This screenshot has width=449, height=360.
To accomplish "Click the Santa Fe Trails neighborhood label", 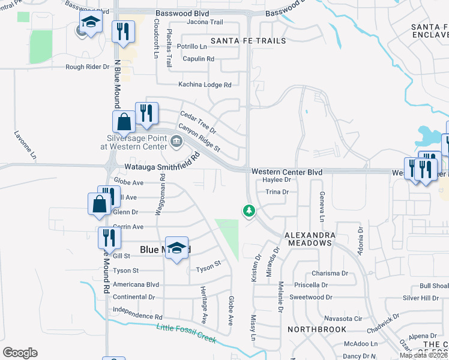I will click(x=249, y=41).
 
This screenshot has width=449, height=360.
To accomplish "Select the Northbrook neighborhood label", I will click(x=317, y=329).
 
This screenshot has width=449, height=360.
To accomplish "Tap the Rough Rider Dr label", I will click(x=88, y=67).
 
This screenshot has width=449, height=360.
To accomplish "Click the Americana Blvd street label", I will click(x=136, y=284).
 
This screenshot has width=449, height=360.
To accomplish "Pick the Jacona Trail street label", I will click(x=205, y=22).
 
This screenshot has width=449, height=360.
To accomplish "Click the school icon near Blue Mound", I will click(x=176, y=248).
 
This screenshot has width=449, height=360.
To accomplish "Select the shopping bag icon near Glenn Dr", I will click(x=98, y=204).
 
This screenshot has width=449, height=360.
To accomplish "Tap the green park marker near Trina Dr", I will click(x=249, y=211).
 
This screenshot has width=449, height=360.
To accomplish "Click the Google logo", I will click(x=20, y=353).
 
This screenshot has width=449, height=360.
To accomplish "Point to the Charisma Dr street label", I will click(x=330, y=273).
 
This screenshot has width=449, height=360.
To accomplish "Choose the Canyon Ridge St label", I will click(x=199, y=137).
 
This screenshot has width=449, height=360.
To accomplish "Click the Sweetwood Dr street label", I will click(x=311, y=297).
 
